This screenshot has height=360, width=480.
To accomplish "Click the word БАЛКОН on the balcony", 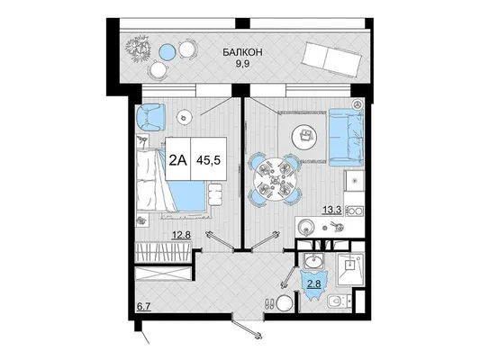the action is (242, 52).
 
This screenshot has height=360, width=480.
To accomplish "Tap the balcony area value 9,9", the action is (242, 64).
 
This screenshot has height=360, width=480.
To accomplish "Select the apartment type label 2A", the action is (177, 159).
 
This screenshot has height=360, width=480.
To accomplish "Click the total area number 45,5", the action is (208, 160).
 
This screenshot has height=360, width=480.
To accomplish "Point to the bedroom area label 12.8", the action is (181, 235).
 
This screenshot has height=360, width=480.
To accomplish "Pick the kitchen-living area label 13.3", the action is (331, 210).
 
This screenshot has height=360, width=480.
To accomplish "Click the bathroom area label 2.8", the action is (313, 283).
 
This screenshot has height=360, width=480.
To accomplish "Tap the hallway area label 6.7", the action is (144, 307).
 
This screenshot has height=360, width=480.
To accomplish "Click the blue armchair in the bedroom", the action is (150, 117).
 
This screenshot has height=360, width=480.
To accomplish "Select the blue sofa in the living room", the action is (346, 137).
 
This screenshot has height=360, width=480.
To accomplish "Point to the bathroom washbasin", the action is (312, 262).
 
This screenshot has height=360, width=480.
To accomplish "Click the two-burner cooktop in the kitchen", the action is (355, 211).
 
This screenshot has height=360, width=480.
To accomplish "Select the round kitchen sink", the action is (306, 228).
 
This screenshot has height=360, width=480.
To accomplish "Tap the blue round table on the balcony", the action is (168, 51).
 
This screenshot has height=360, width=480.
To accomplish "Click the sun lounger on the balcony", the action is (331, 59).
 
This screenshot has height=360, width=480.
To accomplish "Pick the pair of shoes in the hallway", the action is (269, 303).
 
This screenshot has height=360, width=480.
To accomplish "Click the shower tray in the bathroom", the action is (350, 269).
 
